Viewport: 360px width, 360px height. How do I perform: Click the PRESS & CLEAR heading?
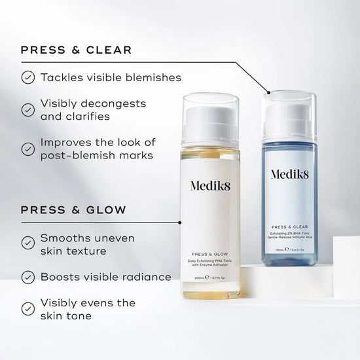(76, 50)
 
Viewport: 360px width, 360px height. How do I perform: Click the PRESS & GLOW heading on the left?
(73, 210)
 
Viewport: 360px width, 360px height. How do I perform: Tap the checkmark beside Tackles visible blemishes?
(27, 77)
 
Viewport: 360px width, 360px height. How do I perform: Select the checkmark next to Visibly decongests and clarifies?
(27, 110)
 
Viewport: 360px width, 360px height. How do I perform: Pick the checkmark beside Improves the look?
(27, 149)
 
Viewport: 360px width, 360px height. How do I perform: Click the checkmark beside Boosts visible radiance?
(27, 277)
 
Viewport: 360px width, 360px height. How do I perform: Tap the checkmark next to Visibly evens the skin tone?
(27, 309)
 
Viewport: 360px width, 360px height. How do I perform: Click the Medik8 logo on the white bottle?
(211, 186)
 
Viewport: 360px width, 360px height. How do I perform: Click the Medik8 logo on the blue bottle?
(289, 175)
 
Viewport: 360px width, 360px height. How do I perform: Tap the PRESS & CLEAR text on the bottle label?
(289, 227)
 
